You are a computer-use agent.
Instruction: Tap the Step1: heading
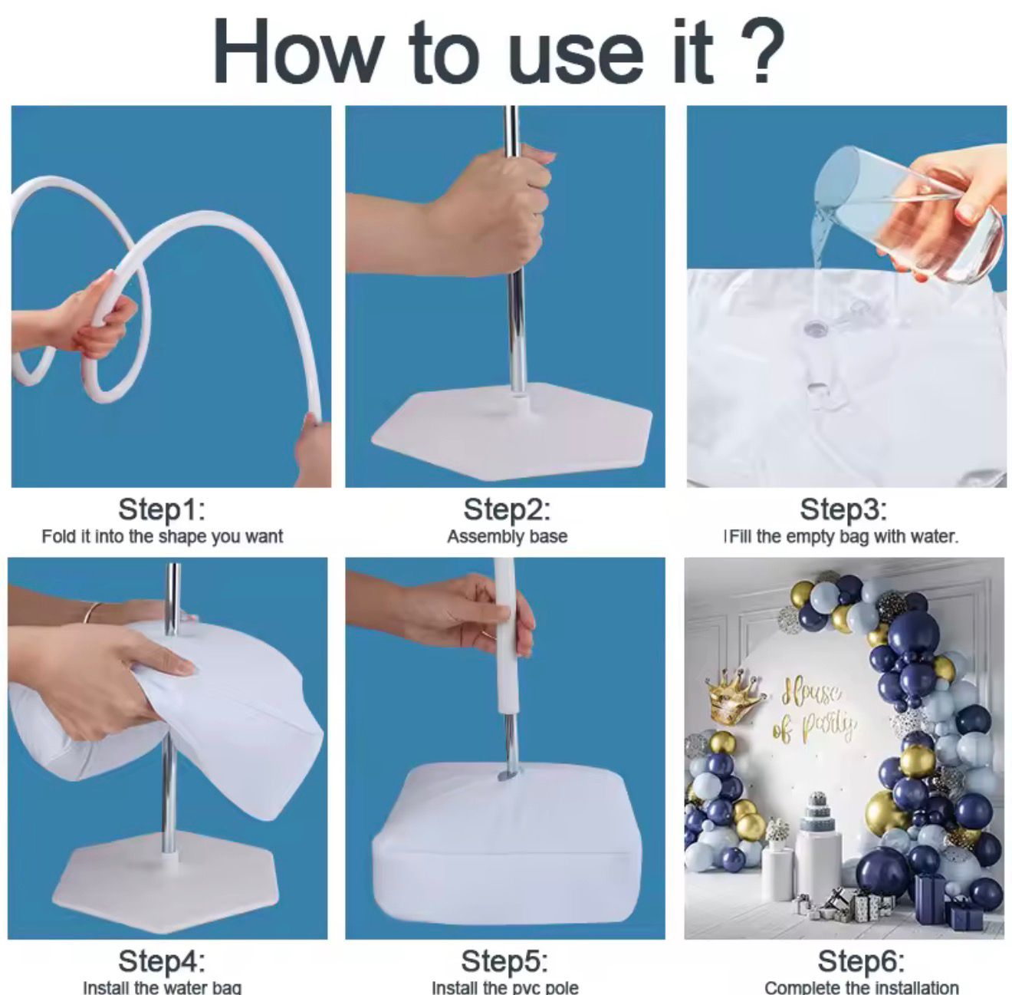(162, 509)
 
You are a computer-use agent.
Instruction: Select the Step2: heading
(507, 509)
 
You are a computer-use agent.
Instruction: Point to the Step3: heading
(843, 509)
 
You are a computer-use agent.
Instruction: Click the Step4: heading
(162, 961)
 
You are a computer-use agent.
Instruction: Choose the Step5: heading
(504, 961)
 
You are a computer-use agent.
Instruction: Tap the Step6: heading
(861, 961)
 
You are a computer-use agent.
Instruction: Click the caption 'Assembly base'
(508, 537)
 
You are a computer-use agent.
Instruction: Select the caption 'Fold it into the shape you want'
(163, 537)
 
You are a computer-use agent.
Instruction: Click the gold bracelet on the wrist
(94, 613)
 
